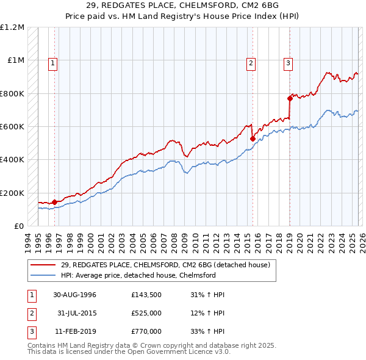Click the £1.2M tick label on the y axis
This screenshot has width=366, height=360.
[x=12, y=27]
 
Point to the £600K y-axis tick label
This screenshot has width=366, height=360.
[x=12, y=127]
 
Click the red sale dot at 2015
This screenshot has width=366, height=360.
[x=253, y=139]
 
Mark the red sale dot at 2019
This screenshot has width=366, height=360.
[x=290, y=98]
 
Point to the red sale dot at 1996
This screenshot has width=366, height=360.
[x=54, y=202]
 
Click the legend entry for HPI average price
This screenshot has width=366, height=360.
[x=138, y=275]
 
